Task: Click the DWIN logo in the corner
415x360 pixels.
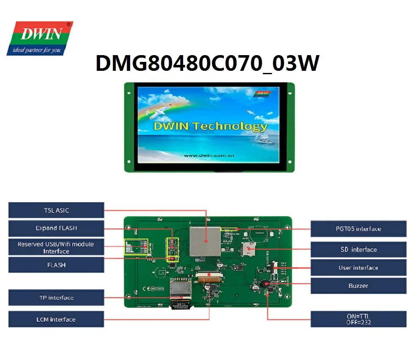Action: click(x=39, y=34)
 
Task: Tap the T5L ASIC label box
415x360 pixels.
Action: click(x=56, y=210)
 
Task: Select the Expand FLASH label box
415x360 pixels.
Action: click(x=56, y=228)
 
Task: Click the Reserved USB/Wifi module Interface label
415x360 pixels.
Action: click(x=56, y=248)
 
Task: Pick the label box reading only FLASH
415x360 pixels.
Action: click(x=56, y=265)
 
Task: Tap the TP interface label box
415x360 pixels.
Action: click(x=56, y=298)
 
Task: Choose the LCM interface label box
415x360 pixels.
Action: click(x=56, y=319)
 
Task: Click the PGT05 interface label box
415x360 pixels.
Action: click(x=358, y=229)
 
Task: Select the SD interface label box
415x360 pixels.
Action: click(x=358, y=249)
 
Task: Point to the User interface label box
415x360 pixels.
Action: click(x=358, y=268)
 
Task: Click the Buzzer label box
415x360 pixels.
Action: click(x=358, y=286)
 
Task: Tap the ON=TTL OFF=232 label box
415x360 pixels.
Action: click(x=358, y=319)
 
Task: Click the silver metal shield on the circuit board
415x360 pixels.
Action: click(x=205, y=241)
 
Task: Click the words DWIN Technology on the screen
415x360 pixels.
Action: click(x=210, y=126)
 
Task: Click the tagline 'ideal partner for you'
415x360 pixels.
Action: click(x=37, y=50)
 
